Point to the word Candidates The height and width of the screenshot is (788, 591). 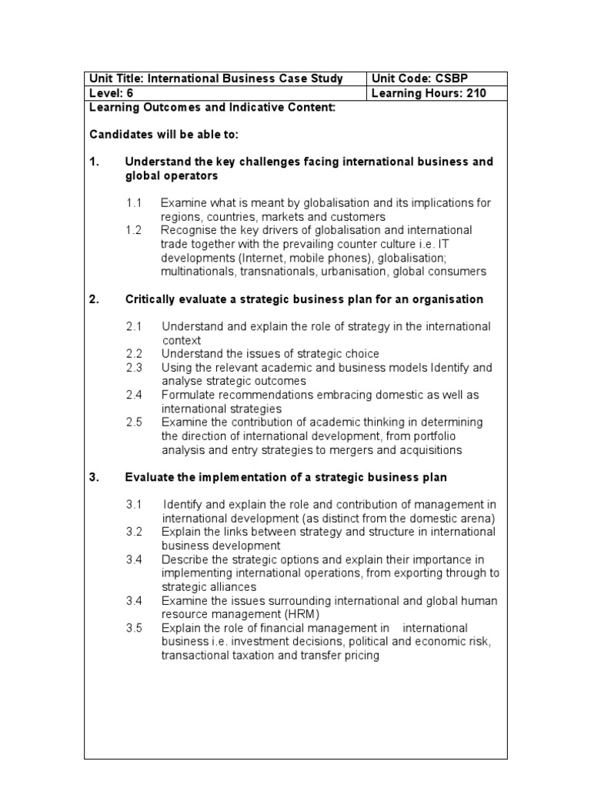pos(118,135)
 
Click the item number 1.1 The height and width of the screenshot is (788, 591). pos(135,203)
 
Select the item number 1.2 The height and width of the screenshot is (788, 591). pos(135,230)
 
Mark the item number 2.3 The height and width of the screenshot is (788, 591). pos(135,368)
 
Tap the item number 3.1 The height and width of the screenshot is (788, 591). pos(135,505)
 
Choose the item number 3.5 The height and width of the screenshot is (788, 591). pos(135,629)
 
